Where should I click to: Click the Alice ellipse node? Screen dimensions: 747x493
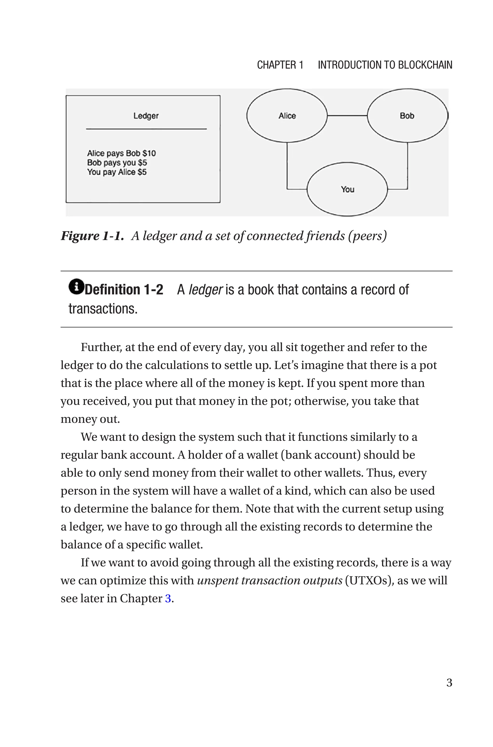(x=287, y=116)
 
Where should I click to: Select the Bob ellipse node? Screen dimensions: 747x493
(x=407, y=116)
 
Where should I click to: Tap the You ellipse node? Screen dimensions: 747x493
(x=347, y=189)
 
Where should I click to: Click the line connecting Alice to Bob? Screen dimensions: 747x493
(x=347, y=116)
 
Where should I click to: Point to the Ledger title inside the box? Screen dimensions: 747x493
(x=146, y=116)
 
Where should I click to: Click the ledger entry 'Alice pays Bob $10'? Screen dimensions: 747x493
(x=121, y=153)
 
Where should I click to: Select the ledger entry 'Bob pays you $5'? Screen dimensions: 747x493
(x=117, y=163)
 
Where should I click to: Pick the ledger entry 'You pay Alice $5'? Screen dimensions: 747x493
(x=117, y=172)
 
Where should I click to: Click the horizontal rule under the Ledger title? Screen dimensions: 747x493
(x=146, y=129)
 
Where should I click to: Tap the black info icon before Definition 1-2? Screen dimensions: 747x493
(x=76, y=287)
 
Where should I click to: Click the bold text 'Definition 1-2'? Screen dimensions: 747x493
(x=124, y=290)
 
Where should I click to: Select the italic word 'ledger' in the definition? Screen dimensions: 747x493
(x=205, y=290)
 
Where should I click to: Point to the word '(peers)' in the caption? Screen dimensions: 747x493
(x=367, y=236)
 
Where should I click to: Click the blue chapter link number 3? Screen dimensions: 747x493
(x=168, y=598)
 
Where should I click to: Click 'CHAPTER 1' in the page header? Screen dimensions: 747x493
(x=280, y=65)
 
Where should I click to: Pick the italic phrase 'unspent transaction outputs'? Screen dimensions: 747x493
(x=269, y=581)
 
